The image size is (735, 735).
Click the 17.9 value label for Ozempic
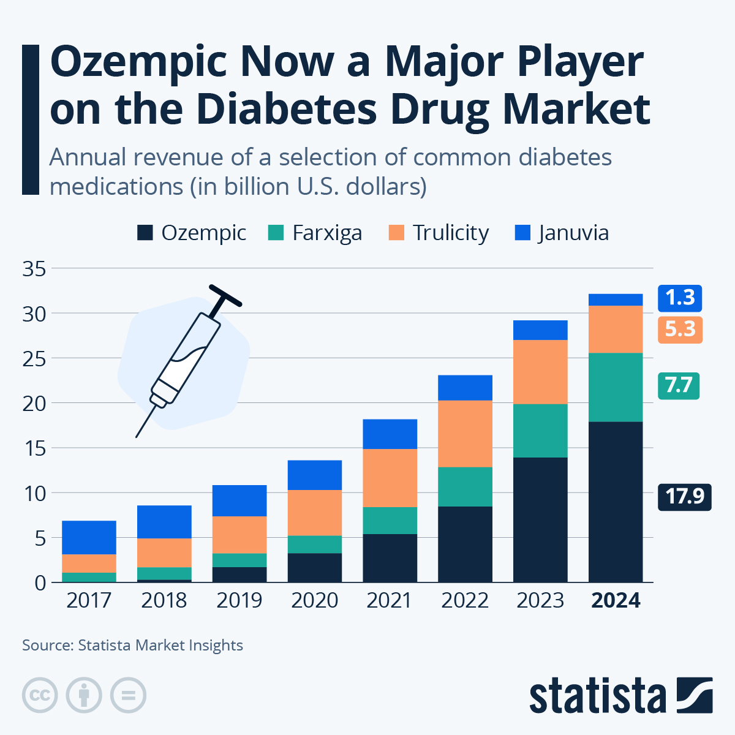point(684,496)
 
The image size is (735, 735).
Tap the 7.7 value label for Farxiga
point(678,386)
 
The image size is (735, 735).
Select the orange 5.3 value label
point(680,330)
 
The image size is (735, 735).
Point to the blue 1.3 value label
point(680,298)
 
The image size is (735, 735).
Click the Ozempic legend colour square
point(145,233)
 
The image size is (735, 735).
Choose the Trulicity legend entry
point(439,233)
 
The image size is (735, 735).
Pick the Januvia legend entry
point(562,233)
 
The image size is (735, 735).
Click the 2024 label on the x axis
point(616,600)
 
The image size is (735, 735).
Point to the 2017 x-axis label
point(89,600)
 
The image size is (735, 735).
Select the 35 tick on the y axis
point(34,269)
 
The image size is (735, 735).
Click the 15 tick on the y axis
point(34,448)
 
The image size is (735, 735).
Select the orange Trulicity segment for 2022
point(465,434)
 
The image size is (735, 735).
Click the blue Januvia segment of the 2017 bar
point(89,537)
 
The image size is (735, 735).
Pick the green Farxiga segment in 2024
point(616,387)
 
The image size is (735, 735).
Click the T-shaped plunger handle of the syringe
point(225,295)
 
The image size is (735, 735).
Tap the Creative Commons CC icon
point(40,695)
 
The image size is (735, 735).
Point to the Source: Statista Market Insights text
point(132,646)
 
